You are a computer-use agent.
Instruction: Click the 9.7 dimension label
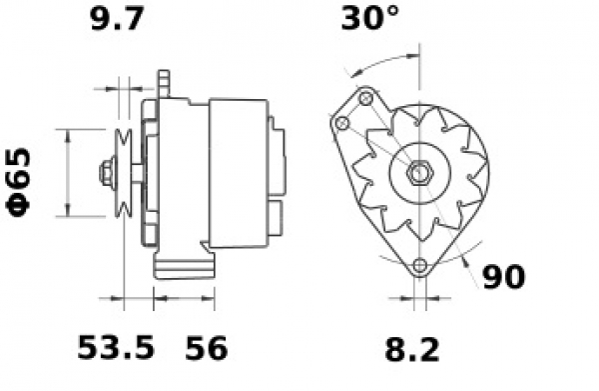(117, 19)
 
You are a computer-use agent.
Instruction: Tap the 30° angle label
(369, 17)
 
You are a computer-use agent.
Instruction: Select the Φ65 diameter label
(18, 182)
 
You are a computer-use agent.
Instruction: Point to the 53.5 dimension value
(116, 347)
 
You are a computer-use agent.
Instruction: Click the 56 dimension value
(207, 348)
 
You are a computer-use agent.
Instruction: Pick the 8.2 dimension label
(412, 350)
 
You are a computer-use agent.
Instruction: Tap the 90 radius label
(504, 277)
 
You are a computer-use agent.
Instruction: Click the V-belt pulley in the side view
(124, 173)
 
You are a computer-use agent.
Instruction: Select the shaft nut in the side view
(106, 173)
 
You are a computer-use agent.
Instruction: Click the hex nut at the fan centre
(419, 173)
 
